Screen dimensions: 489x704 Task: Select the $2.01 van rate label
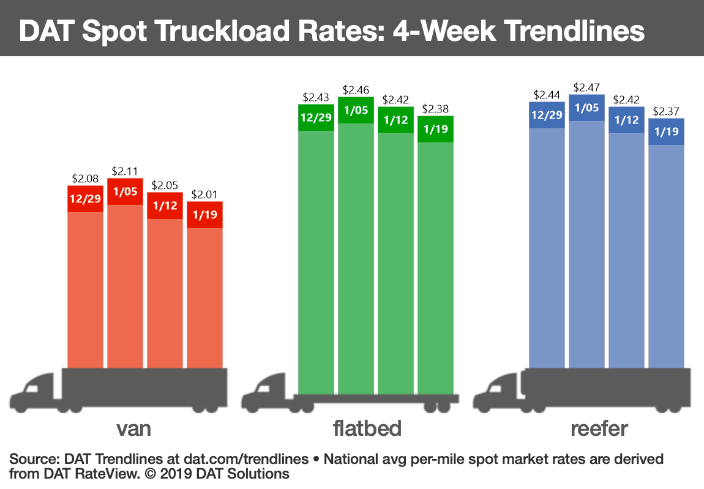204,195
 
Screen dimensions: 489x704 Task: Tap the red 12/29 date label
85,199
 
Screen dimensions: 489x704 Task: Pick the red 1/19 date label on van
204,215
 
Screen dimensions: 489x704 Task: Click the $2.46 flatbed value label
356,90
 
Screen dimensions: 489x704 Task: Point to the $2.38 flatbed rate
435,109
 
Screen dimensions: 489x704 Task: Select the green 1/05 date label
356,111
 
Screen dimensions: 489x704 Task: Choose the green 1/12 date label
395,120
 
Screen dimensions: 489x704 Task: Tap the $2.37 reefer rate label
666,112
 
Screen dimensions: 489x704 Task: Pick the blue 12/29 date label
547,115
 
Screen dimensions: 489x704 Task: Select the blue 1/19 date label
666,131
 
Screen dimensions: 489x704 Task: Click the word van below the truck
133,429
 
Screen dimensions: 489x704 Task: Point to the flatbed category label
367,428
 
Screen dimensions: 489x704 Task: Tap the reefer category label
599,428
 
